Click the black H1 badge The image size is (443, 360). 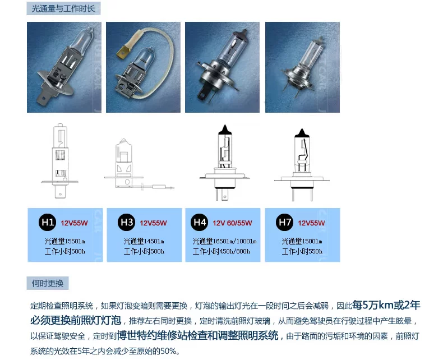click(x=47, y=223)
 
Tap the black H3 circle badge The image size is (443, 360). click(x=126, y=223)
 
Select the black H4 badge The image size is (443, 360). click(x=199, y=223)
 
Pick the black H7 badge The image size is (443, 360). click(x=284, y=223)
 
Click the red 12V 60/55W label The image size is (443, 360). click(x=232, y=223)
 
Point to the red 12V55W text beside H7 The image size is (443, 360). click(x=311, y=223)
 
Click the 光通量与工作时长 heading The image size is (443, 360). click(x=63, y=8)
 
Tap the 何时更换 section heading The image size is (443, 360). click(x=48, y=283)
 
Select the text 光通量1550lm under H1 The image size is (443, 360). click(x=64, y=241)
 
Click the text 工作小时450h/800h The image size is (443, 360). click(x=221, y=251)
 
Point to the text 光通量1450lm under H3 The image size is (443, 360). click(x=144, y=241)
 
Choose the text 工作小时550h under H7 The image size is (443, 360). click(x=302, y=251)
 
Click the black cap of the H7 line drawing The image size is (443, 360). click(x=302, y=133)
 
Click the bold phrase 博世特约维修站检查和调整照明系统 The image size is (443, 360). click(x=197, y=335)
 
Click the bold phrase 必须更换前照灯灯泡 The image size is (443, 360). click(x=76, y=320)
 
